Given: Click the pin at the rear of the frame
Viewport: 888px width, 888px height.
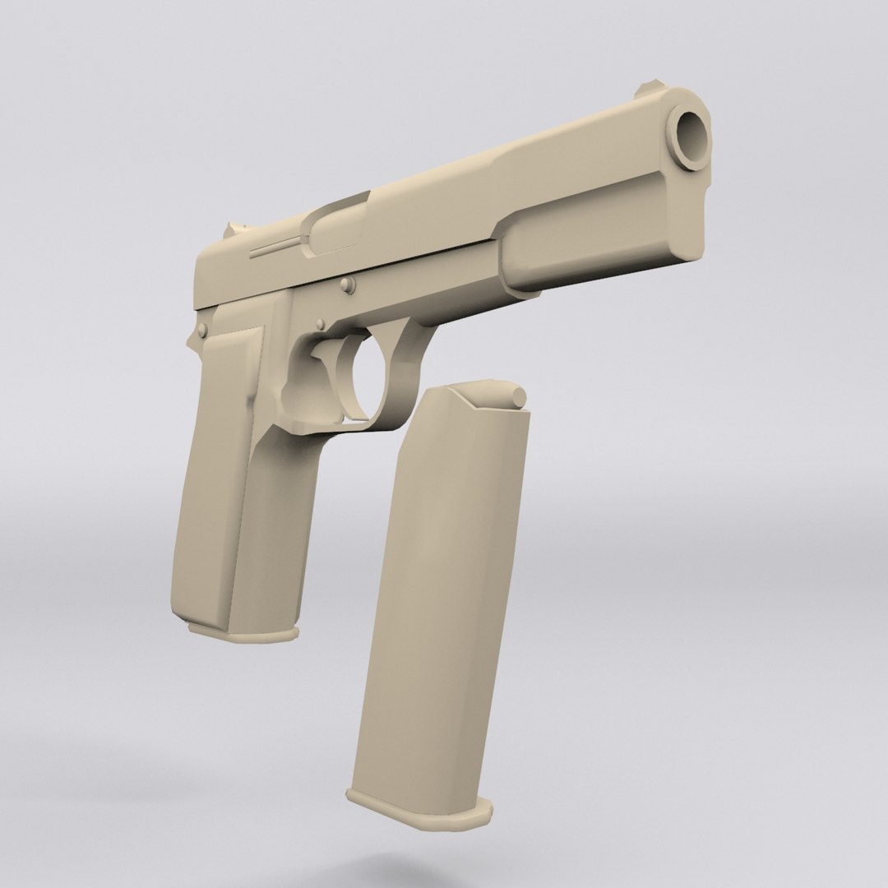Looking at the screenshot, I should pos(202,331).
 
